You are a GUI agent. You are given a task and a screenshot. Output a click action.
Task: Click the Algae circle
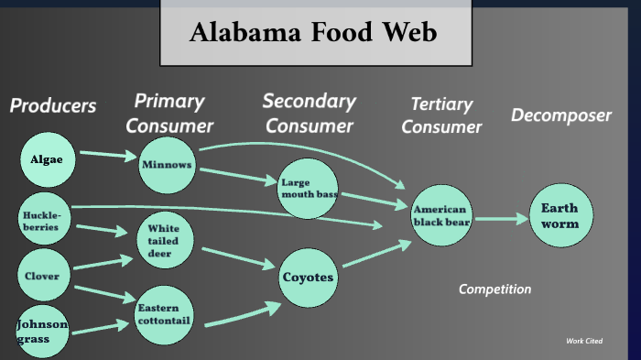[46, 159]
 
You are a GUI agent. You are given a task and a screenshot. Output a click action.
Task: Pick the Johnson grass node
[42, 331]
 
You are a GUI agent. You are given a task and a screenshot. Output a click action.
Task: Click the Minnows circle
[167, 165]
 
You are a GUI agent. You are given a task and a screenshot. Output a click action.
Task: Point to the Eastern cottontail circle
[164, 314]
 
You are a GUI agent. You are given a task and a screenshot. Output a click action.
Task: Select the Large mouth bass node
[309, 189]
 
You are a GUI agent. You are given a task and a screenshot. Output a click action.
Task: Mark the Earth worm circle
[560, 216]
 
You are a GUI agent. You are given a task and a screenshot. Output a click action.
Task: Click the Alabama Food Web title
[314, 33]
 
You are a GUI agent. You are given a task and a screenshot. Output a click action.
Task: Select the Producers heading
[53, 106]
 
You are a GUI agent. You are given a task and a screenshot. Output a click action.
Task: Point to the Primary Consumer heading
[169, 113]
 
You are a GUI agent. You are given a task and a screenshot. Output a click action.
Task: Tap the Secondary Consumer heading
[309, 113]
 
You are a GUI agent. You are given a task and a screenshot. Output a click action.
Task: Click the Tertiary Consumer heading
[441, 115]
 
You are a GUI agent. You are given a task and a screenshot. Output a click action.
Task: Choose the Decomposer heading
[560, 115]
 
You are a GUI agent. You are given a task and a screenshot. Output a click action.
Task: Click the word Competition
[494, 289]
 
